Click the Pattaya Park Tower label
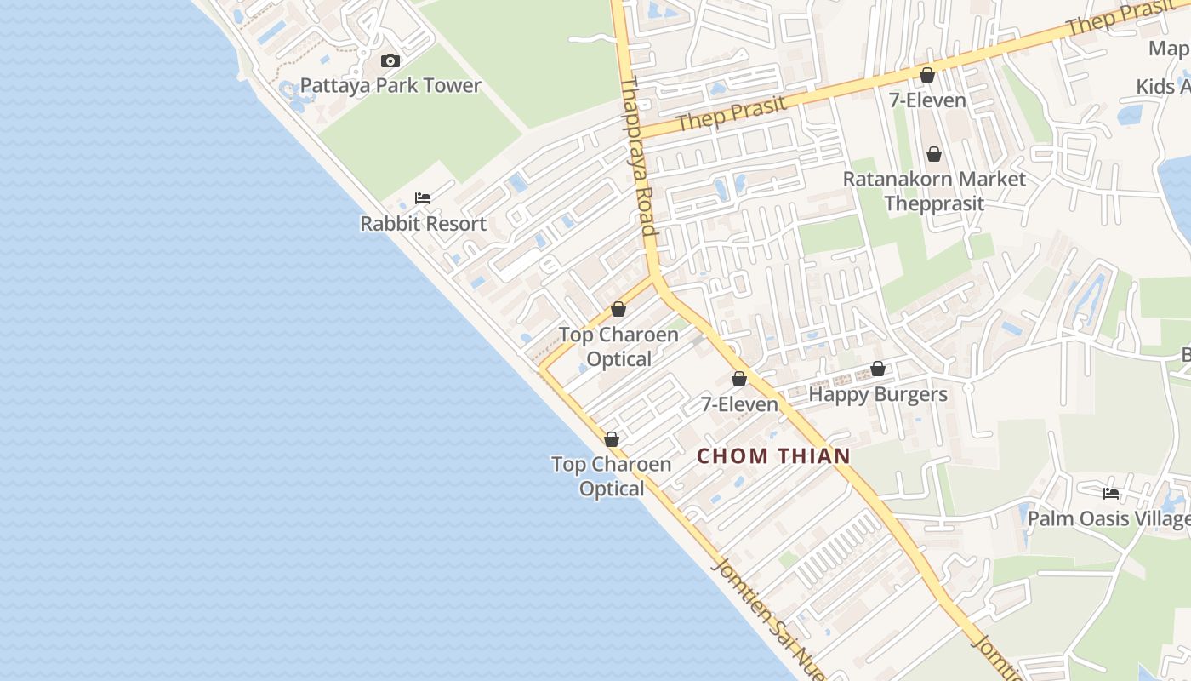click(390, 86)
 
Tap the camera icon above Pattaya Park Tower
click(390, 60)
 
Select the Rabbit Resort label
click(423, 224)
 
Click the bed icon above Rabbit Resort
click(423, 198)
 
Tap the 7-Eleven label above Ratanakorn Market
click(927, 100)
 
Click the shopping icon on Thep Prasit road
click(927, 75)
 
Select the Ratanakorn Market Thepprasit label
click(934, 192)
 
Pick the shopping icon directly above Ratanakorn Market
click(934, 154)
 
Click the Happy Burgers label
click(878, 395)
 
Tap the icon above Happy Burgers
click(878, 369)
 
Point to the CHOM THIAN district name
click(773, 456)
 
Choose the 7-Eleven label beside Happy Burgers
click(739, 404)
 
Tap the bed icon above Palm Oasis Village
click(1110, 493)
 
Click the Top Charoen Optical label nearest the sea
click(611, 477)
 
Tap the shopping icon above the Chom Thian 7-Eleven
click(739, 379)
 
